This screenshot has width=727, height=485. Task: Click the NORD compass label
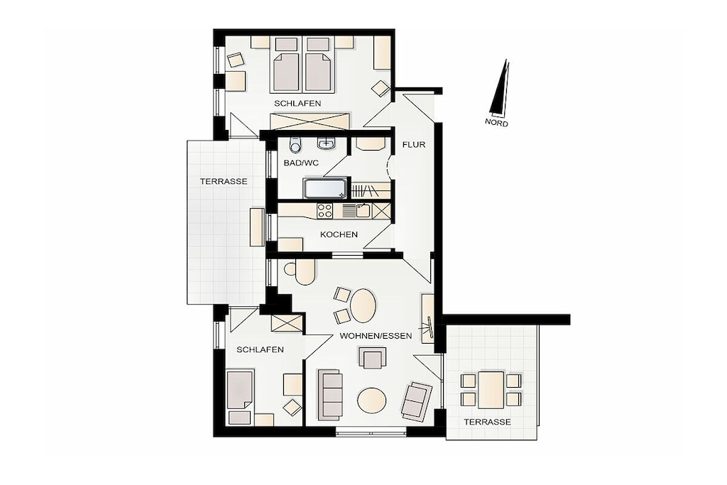(x=496, y=123)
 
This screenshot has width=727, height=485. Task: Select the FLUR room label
(x=414, y=145)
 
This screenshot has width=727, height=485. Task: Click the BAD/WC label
(x=301, y=163)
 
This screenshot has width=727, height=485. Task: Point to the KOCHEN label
(x=339, y=234)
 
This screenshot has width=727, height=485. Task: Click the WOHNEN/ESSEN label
(x=376, y=336)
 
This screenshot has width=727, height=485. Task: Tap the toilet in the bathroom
(x=295, y=145)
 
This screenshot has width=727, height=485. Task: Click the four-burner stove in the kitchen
(x=324, y=211)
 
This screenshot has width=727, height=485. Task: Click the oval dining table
(x=363, y=306)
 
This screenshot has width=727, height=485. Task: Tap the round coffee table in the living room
(x=371, y=399)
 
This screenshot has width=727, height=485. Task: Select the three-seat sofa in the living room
(x=329, y=394)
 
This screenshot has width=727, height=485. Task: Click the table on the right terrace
(x=491, y=389)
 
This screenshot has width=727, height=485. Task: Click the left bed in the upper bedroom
(x=285, y=72)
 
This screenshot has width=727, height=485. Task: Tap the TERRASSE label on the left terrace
(x=224, y=181)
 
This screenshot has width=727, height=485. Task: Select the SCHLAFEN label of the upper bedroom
(x=297, y=104)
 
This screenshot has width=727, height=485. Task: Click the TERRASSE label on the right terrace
(x=487, y=422)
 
